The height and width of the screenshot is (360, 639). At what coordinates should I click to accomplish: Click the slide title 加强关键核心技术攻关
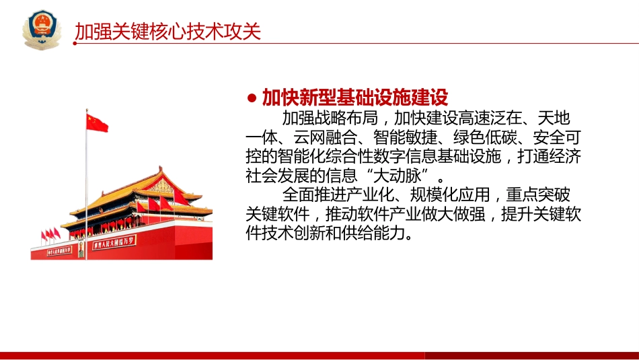coord(167,32)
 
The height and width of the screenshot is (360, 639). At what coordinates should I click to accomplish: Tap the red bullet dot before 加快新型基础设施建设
coord(252,99)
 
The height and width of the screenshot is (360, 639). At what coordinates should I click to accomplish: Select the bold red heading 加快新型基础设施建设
coord(354,98)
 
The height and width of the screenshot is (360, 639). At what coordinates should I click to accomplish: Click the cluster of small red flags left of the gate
coord(50,234)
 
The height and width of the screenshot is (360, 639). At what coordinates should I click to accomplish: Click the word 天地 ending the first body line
coord(563,118)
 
